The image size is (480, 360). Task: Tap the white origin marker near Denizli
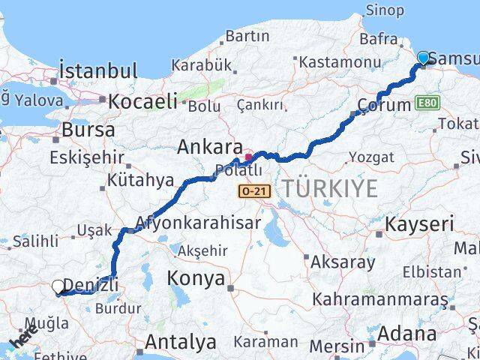(x=59, y=286)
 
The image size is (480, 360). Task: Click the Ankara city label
(x=209, y=148)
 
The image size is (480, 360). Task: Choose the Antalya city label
(x=180, y=342)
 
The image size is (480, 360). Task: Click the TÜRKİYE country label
(x=330, y=190)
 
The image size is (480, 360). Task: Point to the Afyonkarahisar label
(x=198, y=223)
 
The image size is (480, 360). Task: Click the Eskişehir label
(x=85, y=157)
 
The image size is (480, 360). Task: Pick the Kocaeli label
(x=143, y=100)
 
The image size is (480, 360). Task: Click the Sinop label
(x=384, y=10)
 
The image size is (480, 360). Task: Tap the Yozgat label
(x=370, y=157)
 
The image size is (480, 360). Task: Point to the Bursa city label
(x=88, y=129)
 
